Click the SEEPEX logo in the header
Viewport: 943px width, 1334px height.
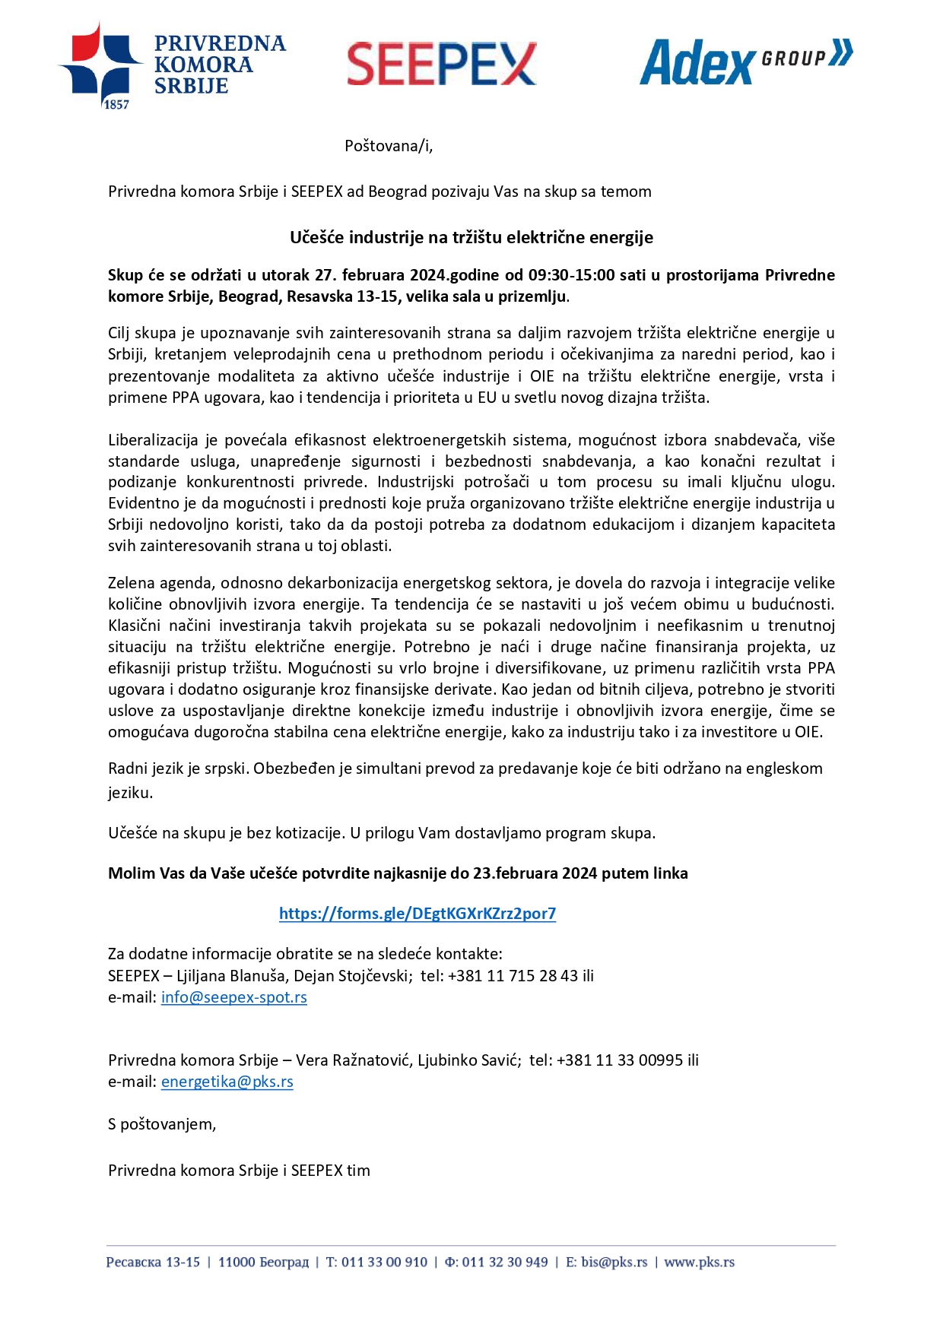click(442, 64)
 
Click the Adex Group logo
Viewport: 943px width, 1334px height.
click(745, 62)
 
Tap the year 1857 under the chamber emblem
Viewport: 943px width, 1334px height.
click(116, 105)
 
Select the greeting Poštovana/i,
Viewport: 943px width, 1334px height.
click(389, 146)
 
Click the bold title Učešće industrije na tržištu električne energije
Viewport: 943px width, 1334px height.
click(471, 238)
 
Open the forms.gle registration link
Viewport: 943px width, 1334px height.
click(417, 914)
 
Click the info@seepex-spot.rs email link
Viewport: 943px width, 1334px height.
click(233, 997)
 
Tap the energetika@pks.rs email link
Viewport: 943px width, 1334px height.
click(227, 1082)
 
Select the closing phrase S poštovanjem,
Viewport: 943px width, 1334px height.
click(162, 1124)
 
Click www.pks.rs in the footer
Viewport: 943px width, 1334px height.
click(699, 1263)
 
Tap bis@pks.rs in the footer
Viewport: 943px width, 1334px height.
click(614, 1263)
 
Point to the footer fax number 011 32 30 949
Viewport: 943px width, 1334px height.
click(504, 1263)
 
